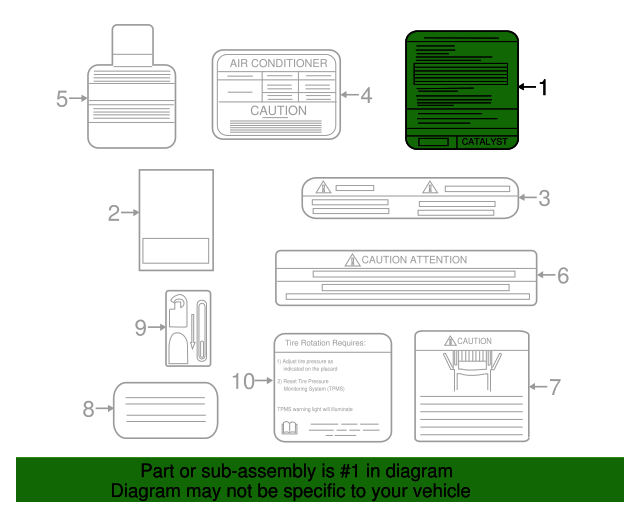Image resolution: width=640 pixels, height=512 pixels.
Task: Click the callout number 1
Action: (x=543, y=88)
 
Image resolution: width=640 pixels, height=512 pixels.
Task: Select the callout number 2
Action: (x=114, y=212)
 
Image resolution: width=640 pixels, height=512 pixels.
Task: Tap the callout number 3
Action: (x=543, y=198)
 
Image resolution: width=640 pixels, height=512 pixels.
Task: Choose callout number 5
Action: (x=62, y=99)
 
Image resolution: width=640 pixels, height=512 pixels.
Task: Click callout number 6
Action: (x=562, y=275)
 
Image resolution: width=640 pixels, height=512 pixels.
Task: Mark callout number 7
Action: (x=555, y=385)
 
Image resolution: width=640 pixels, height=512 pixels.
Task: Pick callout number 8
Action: (x=88, y=408)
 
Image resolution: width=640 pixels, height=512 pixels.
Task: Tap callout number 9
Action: (x=140, y=327)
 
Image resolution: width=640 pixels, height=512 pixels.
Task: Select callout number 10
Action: (x=243, y=380)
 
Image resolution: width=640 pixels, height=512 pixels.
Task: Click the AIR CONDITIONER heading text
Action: (x=278, y=63)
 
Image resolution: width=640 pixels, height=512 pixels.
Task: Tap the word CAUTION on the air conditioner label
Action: (x=278, y=111)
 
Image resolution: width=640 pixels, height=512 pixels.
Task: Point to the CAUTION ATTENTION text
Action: (x=414, y=260)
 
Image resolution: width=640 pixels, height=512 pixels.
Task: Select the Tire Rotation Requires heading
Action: (x=325, y=343)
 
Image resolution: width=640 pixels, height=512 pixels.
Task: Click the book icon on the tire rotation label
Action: (x=290, y=428)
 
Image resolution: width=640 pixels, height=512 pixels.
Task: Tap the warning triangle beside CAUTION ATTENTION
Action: (x=352, y=260)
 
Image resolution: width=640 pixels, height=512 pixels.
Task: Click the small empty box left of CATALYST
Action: (x=433, y=142)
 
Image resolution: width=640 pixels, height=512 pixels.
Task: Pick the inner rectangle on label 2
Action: (x=176, y=249)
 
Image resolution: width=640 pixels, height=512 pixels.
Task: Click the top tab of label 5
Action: (x=132, y=43)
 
